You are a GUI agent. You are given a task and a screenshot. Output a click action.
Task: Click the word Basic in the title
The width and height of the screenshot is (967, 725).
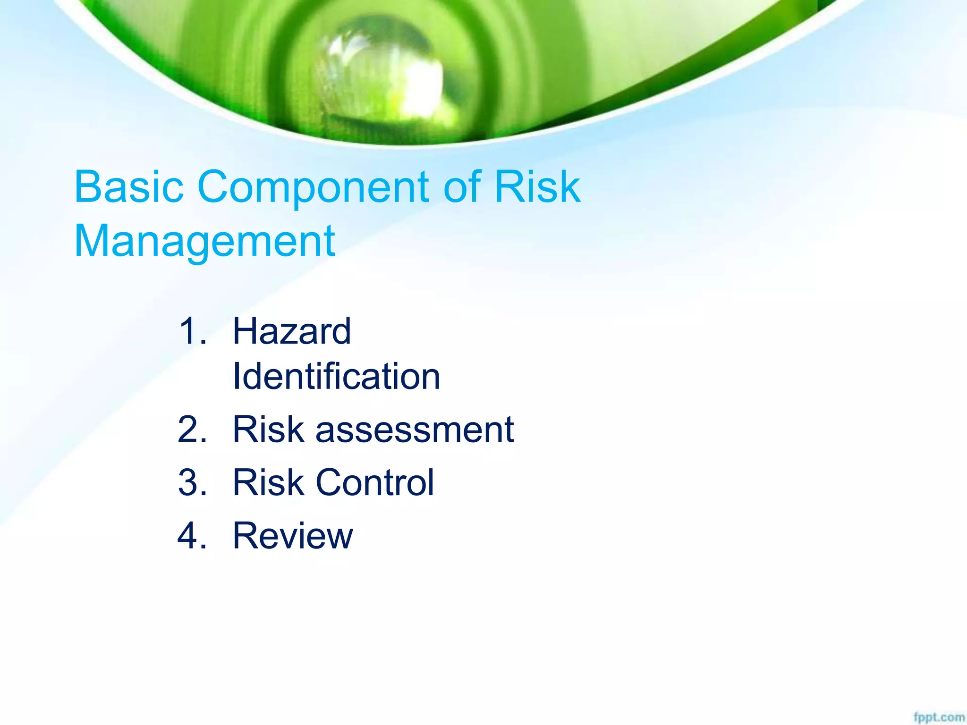point(128,187)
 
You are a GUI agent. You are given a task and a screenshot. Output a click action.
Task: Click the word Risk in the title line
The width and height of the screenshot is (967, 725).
point(537,187)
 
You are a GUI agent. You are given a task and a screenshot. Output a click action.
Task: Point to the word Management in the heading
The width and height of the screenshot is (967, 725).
point(204,242)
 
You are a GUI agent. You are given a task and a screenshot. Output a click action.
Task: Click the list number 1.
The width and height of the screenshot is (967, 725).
point(192,331)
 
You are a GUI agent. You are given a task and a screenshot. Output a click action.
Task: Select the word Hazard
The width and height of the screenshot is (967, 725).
point(292,331)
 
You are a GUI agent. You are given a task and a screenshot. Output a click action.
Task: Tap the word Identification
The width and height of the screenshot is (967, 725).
point(336,377)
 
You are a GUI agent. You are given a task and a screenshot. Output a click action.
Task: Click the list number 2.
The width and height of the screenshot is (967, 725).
point(192,430)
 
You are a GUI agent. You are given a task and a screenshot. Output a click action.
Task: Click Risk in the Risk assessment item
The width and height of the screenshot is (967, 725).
point(268,430)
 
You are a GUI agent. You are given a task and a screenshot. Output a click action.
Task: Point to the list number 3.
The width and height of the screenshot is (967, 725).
point(192,482)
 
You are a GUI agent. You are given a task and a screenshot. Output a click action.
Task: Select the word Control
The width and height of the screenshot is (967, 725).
point(374,482)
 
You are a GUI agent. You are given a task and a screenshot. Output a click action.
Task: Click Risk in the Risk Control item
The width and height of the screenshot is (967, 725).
point(268,482)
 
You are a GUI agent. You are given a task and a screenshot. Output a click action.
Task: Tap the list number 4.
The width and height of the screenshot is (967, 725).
point(192,536)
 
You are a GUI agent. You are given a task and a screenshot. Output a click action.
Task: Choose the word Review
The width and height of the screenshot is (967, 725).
point(293,536)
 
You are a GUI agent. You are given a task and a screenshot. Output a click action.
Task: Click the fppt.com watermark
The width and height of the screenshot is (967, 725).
point(939,717)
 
